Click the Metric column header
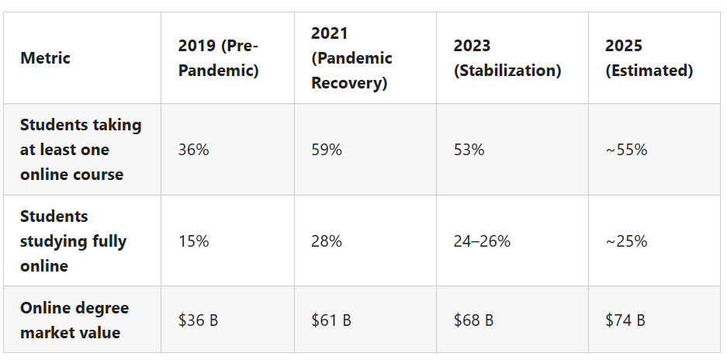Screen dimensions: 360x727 (x=45, y=57)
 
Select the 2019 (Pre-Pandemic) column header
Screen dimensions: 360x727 (x=218, y=57)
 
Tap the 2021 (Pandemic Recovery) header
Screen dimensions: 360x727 (x=351, y=57)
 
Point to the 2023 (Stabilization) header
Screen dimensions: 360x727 (x=507, y=57)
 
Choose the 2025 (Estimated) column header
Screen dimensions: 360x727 (x=649, y=57)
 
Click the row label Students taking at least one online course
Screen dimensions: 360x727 (x=81, y=149)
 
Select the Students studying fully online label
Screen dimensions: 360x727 (x=73, y=241)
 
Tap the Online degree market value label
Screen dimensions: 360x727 (x=74, y=320)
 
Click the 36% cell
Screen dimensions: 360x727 (x=193, y=149)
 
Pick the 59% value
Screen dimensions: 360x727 (x=327, y=149)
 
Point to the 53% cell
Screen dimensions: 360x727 (x=469, y=149)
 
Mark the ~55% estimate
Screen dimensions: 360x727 (x=626, y=149)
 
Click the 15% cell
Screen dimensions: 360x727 (x=193, y=241)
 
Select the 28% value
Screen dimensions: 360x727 (x=327, y=241)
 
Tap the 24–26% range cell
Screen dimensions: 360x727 (x=482, y=241)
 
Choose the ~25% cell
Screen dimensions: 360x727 (x=626, y=241)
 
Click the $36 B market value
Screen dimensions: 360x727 (x=198, y=320)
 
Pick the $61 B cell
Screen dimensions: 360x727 (x=331, y=320)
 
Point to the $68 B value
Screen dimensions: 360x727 (x=474, y=320)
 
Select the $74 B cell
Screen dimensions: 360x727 (x=625, y=320)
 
